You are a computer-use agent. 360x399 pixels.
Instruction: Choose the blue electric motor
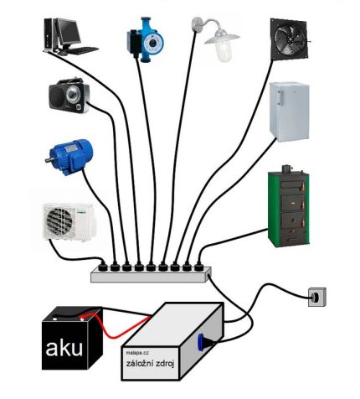click(69, 155)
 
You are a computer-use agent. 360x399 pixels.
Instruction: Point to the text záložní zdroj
click(153, 366)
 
